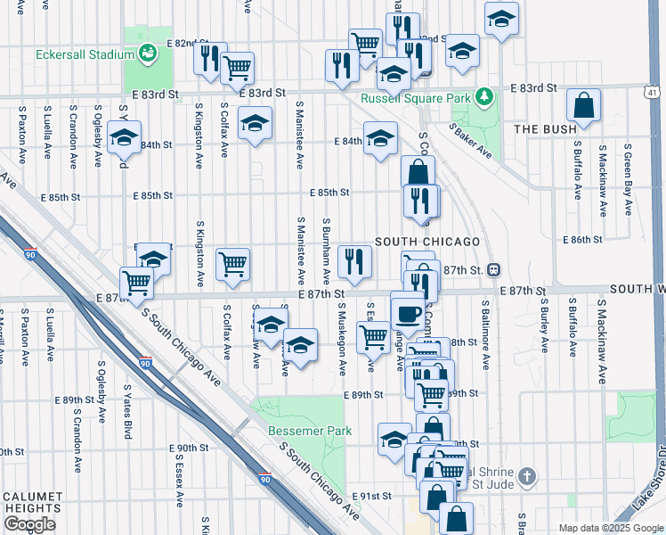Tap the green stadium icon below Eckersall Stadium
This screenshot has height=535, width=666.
point(147,53)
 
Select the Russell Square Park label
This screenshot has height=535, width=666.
point(415,98)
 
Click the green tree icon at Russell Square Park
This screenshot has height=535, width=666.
point(483,94)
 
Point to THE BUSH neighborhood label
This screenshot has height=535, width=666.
point(546,129)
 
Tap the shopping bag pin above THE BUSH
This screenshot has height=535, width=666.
point(583,106)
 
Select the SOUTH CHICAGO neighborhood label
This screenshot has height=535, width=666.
point(427,242)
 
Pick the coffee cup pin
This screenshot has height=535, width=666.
point(409,312)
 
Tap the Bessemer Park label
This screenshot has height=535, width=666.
point(310,431)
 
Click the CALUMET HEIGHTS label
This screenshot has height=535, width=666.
point(32,502)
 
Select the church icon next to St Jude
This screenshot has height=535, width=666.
point(528,475)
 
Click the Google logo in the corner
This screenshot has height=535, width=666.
point(29,524)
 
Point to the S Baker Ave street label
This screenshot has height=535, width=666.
point(470,141)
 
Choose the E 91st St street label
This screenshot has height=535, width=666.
point(371,496)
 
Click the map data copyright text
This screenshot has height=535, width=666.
point(610,528)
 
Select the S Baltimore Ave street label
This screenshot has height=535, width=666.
point(486,335)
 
